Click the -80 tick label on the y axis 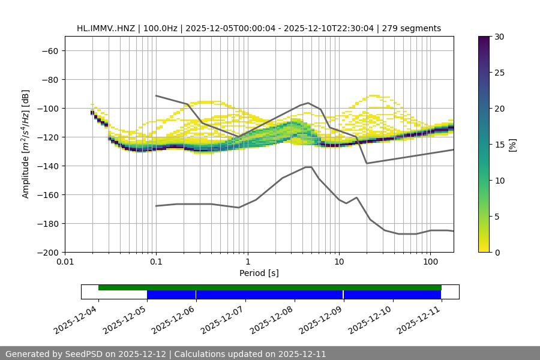(x=49, y=79)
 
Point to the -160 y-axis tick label (x=47, y=194)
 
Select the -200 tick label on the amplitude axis (x=47, y=252)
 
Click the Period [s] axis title (x=259, y=274)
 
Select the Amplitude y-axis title (x=26, y=144)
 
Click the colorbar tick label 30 (x=499, y=37)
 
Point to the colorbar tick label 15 (x=499, y=145)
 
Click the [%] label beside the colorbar (x=512, y=145)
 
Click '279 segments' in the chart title (x=413, y=28)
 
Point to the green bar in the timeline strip (x=270, y=287)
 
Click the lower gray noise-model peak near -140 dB (x=308, y=167)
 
